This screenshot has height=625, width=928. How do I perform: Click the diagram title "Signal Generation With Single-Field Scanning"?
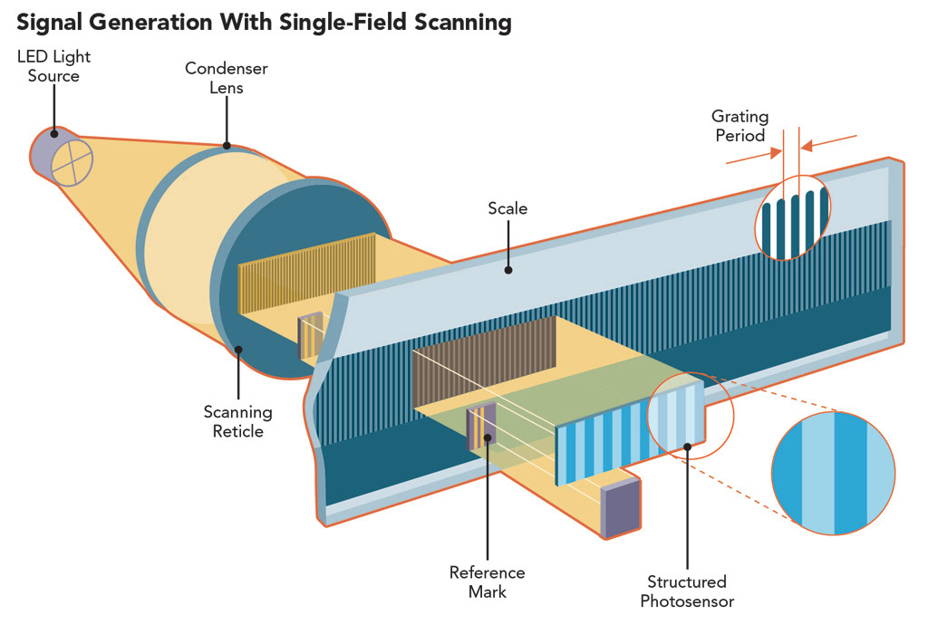[264, 22]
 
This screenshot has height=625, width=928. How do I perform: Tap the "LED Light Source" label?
[53, 66]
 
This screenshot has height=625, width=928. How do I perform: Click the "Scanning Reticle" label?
[238, 421]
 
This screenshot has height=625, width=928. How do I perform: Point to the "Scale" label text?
[507, 208]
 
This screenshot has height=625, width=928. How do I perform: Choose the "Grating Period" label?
[739, 126]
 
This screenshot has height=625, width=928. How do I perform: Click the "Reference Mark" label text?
[487, 582]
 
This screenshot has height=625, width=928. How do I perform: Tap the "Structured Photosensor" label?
[687, 591]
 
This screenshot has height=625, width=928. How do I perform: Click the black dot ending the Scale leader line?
[508, 269]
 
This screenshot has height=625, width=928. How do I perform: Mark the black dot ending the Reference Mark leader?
[488, 438]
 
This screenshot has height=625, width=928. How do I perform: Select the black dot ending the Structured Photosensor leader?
[687, 445]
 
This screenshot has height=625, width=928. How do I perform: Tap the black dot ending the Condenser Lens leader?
[227, 145]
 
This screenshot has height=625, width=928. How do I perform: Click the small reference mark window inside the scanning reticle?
[310, 336]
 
